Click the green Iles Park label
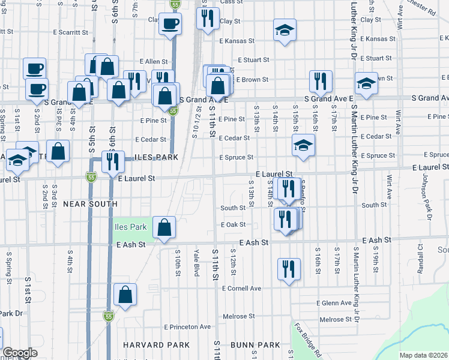[130, 227]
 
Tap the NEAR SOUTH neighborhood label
[90, 204]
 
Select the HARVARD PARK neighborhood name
[156, 345]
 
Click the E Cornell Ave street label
[241, 288]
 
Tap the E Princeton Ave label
[187, 327]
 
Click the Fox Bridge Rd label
[307, 340]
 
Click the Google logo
[20, 353]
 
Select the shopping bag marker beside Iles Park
[164, 227]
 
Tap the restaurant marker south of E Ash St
[289, 268]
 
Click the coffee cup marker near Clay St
[171, 23]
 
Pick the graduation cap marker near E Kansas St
[285, 30]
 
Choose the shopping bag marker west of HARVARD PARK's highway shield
[124, 295]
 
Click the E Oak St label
[234, 224]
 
